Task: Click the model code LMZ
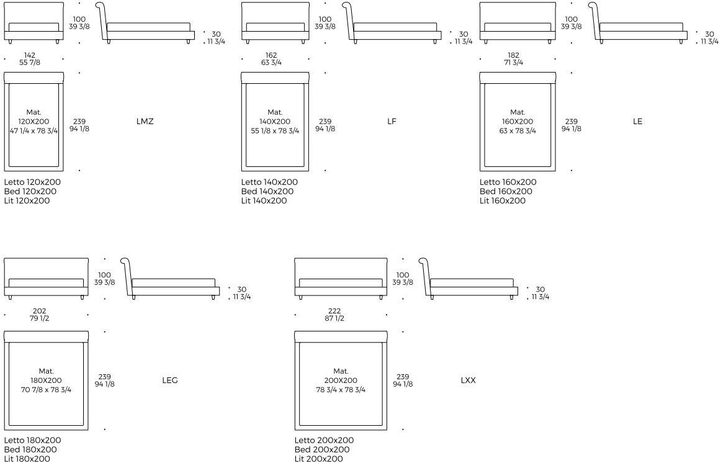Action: coord(145,122)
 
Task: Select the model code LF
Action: coord(392,122)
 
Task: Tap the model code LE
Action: coord(637,122)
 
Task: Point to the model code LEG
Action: coord(169,380)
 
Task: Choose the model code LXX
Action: coord(468,380)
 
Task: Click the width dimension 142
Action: coord(30,55)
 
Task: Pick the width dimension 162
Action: coord(271,55)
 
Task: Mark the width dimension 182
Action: coord(514,55)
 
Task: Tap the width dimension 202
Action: coord(40,311)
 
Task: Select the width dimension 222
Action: coord(334,311)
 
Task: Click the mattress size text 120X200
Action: coord(34,122)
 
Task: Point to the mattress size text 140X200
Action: coord(275,122)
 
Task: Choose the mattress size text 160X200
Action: coord(517,122)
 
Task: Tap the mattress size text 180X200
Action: coord(46,380)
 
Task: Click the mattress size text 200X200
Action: coord(341,380)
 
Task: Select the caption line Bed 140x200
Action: coord(267,191)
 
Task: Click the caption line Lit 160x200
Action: coord(503,200)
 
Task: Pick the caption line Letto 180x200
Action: coord(33,440)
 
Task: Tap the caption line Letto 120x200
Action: coord(32,182)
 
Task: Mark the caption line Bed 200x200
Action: coord(322,449)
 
